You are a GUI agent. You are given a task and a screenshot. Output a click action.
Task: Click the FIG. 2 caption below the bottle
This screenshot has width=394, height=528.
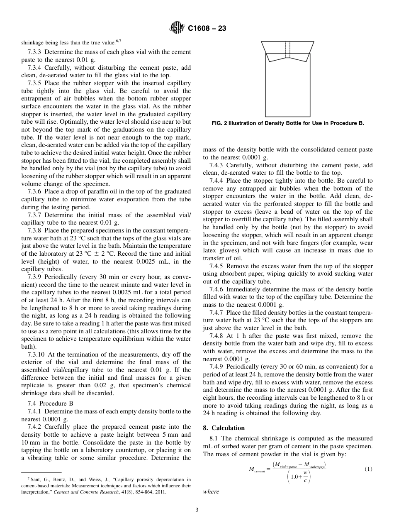pyautogui.click(x=287, y=123)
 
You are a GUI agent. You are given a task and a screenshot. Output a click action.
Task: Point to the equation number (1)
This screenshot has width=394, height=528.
pyautogui.click(x=368, y=469)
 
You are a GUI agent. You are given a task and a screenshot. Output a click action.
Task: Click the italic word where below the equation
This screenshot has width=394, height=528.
pyautogui.click(x=211, y=491)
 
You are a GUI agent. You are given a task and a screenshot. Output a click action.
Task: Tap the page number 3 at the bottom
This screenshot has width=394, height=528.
pyautogui.click(x=197, y=510)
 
